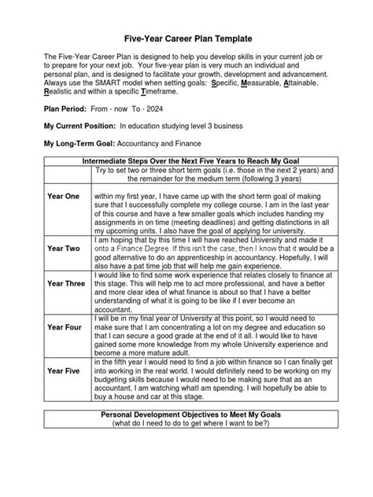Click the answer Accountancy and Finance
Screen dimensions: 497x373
159,144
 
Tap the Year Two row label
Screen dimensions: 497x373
65,248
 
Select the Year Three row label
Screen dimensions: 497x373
65,284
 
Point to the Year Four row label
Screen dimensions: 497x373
65,326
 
